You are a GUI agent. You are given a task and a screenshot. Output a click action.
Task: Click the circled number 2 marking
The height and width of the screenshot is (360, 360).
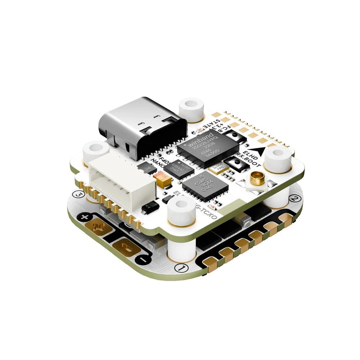click(x=294, y=199)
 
